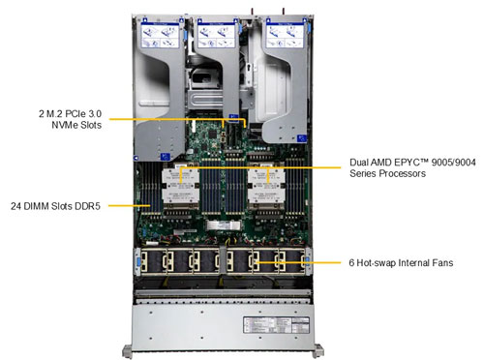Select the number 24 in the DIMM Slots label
click(x=16, y=206)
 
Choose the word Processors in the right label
click(x=400, y=174)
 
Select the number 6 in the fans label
click(x=356, y=261)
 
